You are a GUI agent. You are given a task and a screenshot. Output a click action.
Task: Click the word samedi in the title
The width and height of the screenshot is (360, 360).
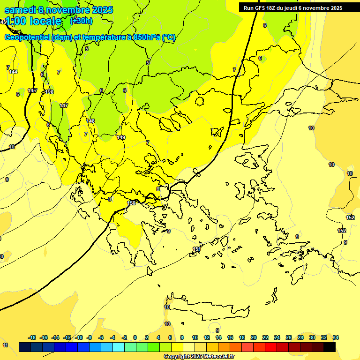pyautogui.click(x=20, y=10)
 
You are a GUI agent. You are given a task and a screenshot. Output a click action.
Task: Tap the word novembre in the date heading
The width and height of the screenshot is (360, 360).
pyautogui.click(x=69, y=10)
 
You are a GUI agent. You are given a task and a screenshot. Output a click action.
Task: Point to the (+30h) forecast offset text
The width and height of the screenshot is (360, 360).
pyautogui.click(x=82, y=21)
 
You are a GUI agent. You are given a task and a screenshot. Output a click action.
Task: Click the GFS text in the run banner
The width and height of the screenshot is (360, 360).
pyautogui.click(x=260, y=8)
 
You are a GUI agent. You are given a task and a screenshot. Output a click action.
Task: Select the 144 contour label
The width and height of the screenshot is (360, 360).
pyautogui.click(x=13, y=72)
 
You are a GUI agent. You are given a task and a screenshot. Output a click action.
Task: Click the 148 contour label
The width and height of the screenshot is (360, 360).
pyautogui.click(x=90, y=121)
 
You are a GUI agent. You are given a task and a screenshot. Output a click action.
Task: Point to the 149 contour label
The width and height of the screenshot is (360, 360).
pyautogui.click(x=121, y=137)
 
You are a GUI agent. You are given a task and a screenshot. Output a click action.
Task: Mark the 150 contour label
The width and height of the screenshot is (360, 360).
pyautogui.click(x=131, y=202)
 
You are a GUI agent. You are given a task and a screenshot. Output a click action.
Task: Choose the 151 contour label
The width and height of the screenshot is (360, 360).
pyautogui.click(x=197, y=249)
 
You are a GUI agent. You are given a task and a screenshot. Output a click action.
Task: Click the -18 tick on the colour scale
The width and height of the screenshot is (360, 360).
pyautogui.click(x=32, y=337)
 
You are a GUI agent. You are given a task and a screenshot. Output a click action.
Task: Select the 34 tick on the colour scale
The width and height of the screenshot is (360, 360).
pyautogui.click(x=336, y=337)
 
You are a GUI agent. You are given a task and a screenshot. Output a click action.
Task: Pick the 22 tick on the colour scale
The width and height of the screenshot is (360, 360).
pyautogui.click(x=265, y=337)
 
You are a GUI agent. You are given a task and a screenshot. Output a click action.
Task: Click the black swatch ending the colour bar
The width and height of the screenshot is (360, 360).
pyautogui.click(x=330, y=347)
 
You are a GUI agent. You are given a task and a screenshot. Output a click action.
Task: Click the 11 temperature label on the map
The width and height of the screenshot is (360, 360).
pyautogui.click(x=5, y=345)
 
